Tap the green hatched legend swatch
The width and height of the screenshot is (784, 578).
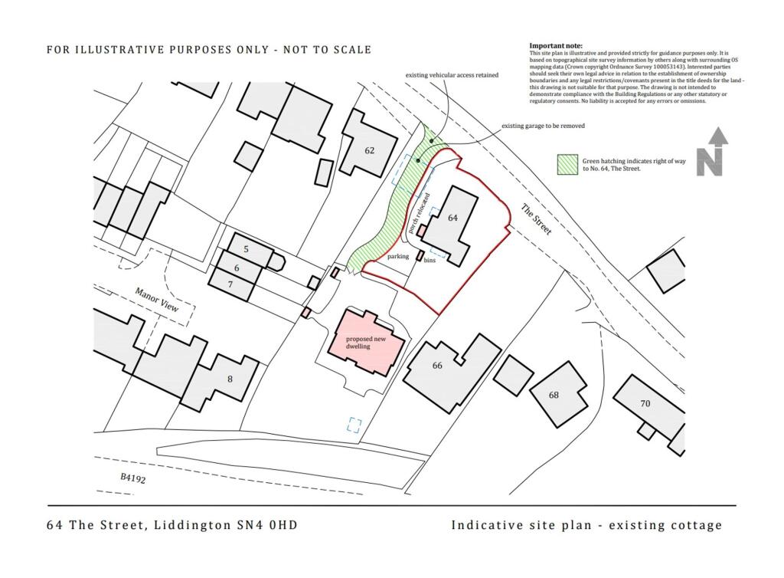click(567, 163)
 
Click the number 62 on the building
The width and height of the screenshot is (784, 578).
click(369, 150)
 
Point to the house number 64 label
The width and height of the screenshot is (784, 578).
click(452, 218)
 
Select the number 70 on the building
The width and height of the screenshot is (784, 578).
click(645, 403)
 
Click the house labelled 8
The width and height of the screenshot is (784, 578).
click(228, 379)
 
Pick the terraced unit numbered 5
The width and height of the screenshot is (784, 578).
click(246, 250)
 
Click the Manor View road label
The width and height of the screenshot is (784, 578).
click(157, 299)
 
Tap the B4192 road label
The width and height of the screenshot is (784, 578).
click(132, 478)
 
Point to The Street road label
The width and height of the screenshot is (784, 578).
click(536, 219)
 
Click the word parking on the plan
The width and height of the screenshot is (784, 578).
click(397, 256)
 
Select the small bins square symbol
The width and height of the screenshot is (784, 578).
click(420, 255)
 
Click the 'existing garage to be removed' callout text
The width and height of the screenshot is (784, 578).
click(543, 126)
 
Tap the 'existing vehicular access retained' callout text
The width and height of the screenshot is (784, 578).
click(452, 75)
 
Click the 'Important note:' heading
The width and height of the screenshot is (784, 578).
click(556, 46)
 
